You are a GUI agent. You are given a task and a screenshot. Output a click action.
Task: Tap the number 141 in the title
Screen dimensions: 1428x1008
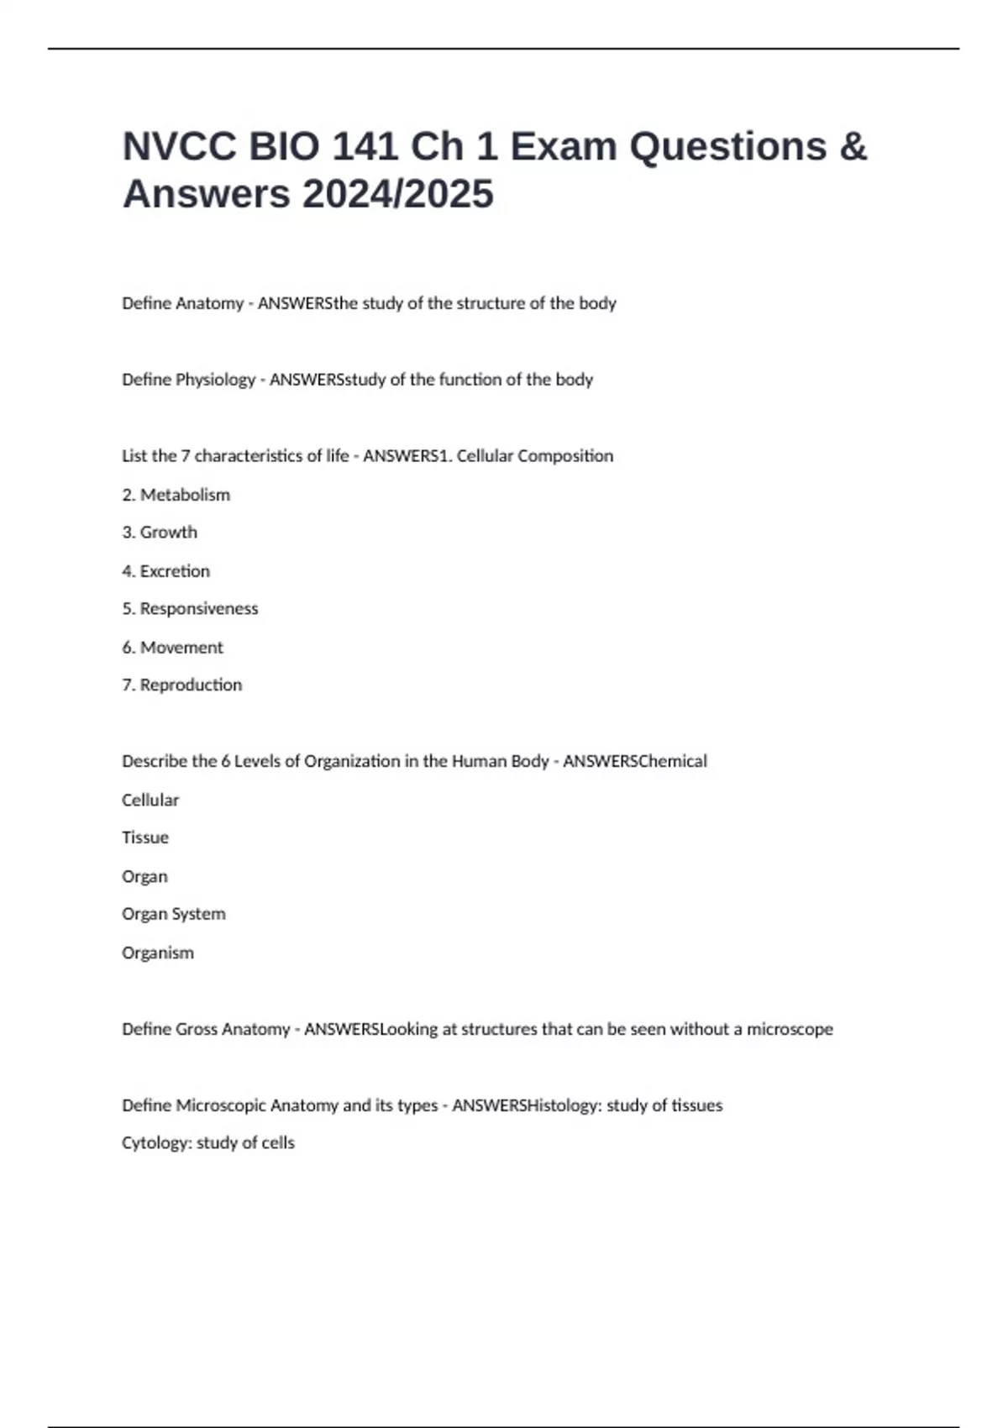pyautogui.click(x=365, y=147)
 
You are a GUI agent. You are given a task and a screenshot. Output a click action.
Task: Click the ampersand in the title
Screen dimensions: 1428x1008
pyautogui.click(x=852, y=147)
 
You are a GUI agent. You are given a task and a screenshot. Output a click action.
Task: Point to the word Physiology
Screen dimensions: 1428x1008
pyautogui.click(x=215, y=380)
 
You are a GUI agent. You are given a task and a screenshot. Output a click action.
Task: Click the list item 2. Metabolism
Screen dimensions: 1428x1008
pyautogui.click(x=176, y=495)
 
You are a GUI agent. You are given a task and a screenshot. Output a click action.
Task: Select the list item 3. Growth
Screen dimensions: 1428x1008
pyautogui.click(x=160, y=533)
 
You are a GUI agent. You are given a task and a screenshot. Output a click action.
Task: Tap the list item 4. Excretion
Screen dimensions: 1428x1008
pyautogui.click(x=165, y=571)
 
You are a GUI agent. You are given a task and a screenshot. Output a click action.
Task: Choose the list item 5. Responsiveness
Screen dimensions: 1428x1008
pyautogui.click(x=190, y=609)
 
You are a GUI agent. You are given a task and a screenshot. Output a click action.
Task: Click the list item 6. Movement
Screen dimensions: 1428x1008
pyautogui.click(x=172, y=648)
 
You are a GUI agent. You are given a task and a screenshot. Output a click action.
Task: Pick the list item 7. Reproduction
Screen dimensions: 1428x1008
pyautogui.click(x=181, y=685)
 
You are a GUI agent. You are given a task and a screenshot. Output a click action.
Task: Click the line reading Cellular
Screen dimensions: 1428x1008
pyautogui.click(x=150, y=801)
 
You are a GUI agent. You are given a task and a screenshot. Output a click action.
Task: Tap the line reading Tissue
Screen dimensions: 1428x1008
pyautogui.click(x=145, y=837)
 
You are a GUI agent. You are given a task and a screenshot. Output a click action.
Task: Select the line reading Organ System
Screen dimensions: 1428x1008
pyautogui.click(x=174, y=914)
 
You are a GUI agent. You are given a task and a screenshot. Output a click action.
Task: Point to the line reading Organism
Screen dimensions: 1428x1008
pyautogui.click(x=158, y=953)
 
